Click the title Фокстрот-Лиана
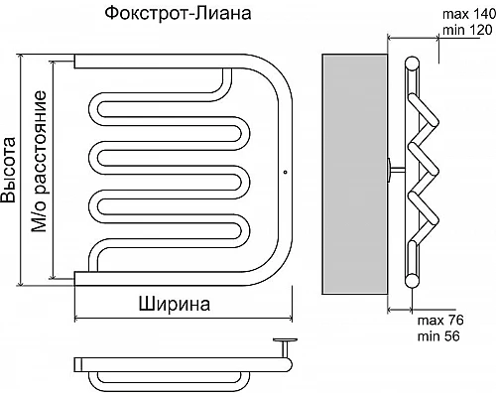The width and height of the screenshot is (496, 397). click(177, 14)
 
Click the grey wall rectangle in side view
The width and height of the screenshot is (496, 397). click(352, 175)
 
